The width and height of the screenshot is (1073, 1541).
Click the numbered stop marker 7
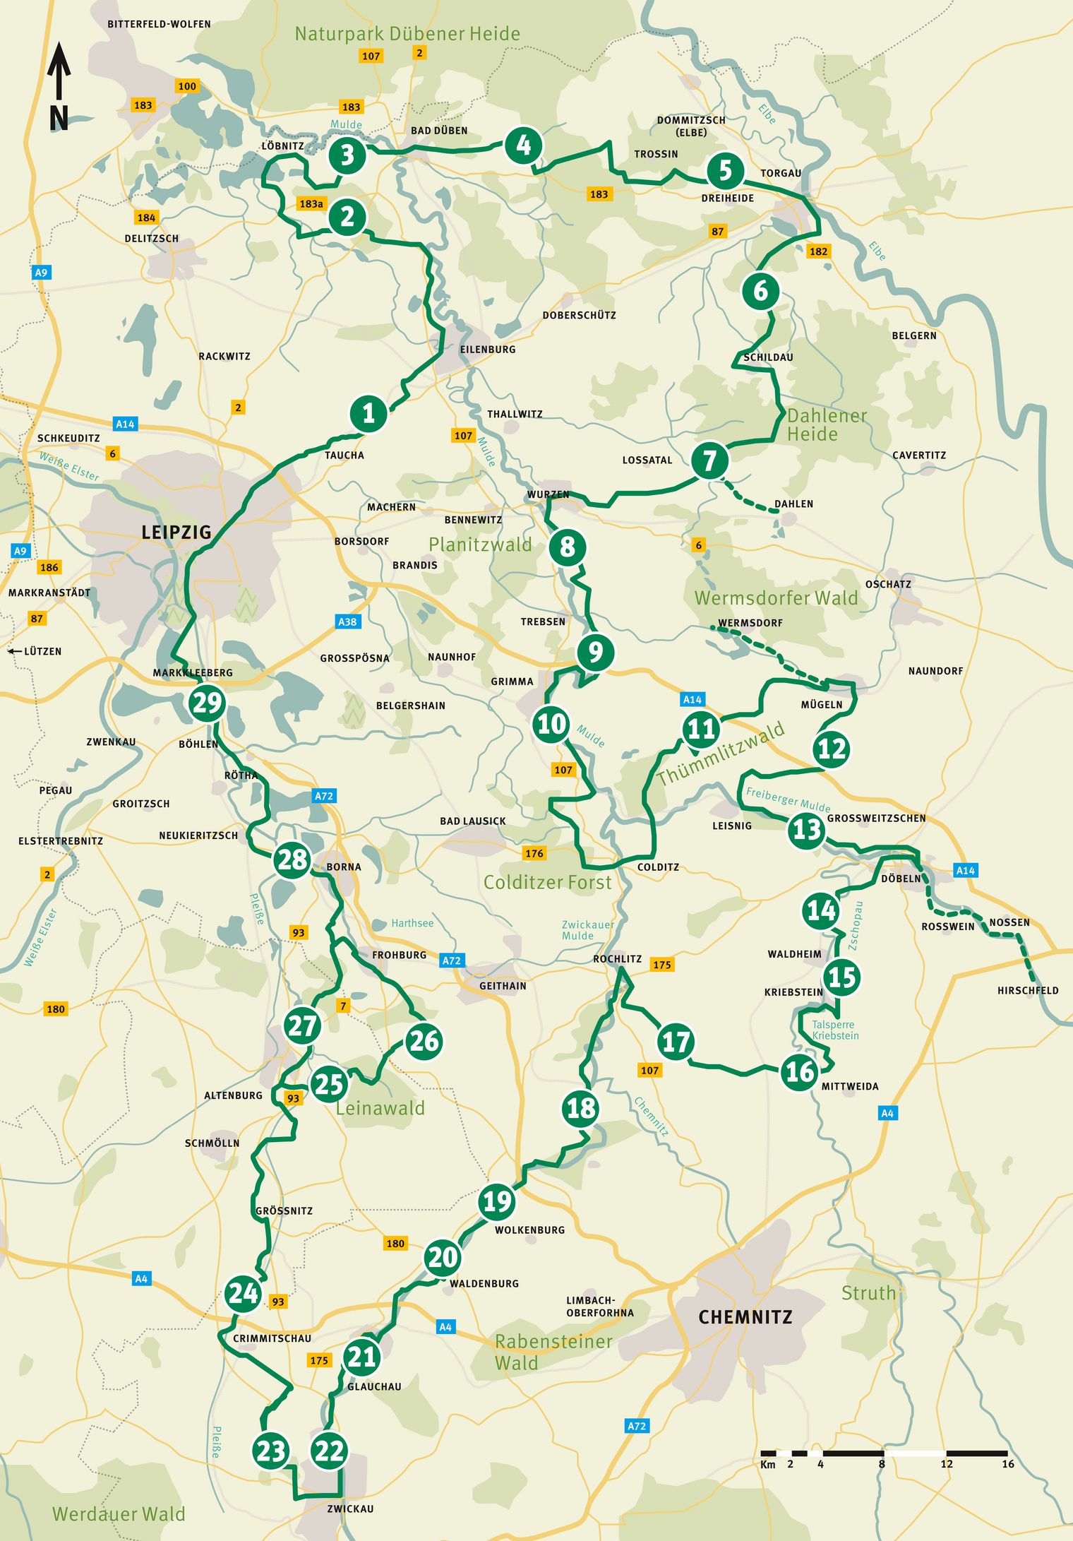709,460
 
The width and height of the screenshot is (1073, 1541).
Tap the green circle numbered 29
207,703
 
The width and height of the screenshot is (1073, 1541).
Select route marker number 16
799,1071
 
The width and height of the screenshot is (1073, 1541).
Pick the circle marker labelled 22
329,1451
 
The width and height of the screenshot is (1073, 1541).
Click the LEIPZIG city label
176,532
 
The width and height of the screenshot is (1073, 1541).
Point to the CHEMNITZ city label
745,1317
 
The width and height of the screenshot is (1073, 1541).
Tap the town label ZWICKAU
350,1509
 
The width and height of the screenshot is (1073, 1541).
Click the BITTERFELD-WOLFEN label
159,24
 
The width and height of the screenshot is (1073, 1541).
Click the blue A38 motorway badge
347,621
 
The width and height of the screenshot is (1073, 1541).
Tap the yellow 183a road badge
311,203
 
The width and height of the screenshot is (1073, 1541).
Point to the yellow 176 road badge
534,853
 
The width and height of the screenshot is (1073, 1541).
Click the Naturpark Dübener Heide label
407,34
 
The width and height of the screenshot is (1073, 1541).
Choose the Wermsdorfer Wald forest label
776,598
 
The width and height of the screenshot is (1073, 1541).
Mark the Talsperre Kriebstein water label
835,1030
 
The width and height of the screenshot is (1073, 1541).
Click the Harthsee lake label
412,923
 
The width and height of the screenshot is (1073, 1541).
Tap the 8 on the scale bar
882,1464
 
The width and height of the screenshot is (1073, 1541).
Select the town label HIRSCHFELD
1027,990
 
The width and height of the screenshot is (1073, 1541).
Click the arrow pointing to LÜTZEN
13,651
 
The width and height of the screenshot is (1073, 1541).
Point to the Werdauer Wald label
119,1513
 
